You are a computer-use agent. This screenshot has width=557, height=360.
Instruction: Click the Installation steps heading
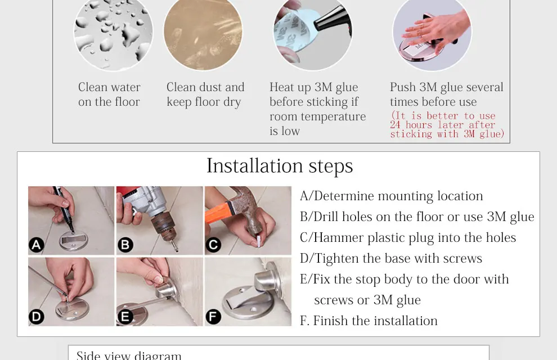280,166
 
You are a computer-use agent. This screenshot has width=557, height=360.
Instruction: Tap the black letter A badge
37,245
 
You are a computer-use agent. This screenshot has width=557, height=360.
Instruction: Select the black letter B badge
125,245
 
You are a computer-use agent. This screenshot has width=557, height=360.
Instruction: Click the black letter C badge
213,245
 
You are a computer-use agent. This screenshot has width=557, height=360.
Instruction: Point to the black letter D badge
37,317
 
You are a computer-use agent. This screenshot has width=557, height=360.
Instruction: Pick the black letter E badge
125,317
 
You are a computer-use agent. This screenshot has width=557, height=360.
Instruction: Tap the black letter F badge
213,317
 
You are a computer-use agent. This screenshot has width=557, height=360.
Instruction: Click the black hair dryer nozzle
333,20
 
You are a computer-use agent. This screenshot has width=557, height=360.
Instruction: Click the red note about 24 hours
447,125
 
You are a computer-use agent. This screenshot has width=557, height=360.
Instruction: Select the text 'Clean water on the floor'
109,94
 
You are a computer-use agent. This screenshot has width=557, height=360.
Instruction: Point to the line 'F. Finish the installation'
369,321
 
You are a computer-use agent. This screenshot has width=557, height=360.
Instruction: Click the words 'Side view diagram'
129,355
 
